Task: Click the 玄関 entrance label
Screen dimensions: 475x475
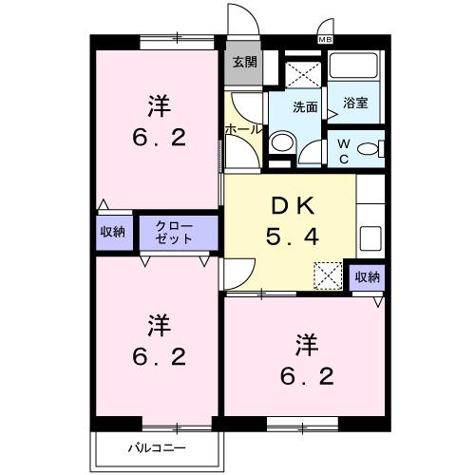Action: pos(244,63)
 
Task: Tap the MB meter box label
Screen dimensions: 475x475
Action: pos(325,39)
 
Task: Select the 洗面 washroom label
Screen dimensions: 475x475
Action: pos(304,107)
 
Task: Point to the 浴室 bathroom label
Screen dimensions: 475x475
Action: pos(356,104)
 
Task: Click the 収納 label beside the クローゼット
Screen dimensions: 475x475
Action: pos(112,233)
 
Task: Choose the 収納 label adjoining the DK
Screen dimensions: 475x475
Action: pos(368,276)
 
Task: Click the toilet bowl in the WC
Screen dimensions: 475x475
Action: pos(377,148)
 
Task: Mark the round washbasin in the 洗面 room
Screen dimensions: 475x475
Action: pos(280,143)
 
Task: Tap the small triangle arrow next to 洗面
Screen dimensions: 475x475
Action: pos(332,114)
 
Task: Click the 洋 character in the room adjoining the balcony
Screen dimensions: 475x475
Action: pos(158,325)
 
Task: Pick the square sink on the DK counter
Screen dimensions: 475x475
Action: pos(370,236)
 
